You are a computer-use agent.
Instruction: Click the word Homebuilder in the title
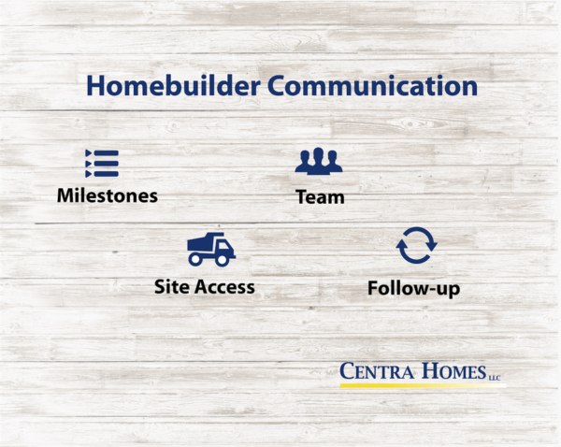pos(173,85)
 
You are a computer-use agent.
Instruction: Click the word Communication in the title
pos(372,85)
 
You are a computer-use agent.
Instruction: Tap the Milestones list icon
pos(102,164)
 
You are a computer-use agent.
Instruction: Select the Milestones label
pos(108,195)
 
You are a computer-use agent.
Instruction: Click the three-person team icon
pos(319,161)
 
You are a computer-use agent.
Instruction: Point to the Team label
pos(320,197)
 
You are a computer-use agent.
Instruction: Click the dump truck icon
pos(211,250)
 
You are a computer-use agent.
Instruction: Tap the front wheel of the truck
pos(222,260)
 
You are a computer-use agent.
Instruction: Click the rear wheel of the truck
pos(195,260)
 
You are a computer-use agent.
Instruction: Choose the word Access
pos(224,287)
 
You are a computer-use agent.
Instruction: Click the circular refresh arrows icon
pos(416,246)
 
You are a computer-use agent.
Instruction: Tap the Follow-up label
pos(414,289)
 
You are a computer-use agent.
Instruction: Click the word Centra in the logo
pos(377,371)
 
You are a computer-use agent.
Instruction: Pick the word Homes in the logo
pos(454,371)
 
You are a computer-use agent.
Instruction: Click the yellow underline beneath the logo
pos(423,385)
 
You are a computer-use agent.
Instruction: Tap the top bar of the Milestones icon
pos(106,153)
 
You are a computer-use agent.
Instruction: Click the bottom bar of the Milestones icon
pos(106,174)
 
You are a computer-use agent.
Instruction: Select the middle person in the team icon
pos(319,160)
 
